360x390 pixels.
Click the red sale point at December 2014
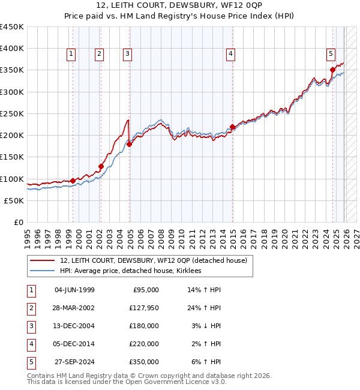tap(232, 127)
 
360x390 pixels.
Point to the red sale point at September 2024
tap(332, 70)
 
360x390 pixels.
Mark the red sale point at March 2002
tap(101, 166)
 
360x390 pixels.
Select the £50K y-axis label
tap(14, 200)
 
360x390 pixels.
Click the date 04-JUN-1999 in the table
tap(74, 290)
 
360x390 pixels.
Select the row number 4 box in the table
tap(31, 344)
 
